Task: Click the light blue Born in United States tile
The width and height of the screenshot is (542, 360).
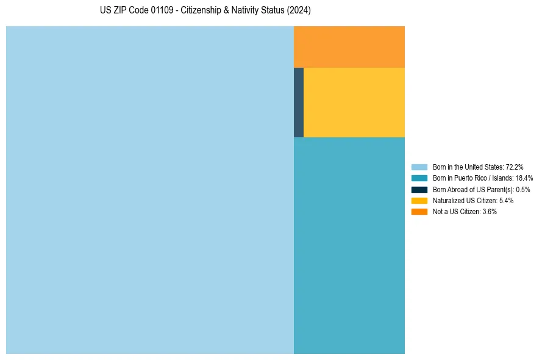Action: pyautogui.click(x=150, y=190)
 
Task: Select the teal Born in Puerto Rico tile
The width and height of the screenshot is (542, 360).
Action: pyautogui.click(x=349, y=245)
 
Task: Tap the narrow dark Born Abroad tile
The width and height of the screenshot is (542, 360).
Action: pyautogui.click(x=299, y=103)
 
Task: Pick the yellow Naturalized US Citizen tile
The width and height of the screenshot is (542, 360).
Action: pyautogui.click(x=354, y=103)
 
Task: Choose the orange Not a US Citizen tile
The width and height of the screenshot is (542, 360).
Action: pyautogui.click(x=349, y=47)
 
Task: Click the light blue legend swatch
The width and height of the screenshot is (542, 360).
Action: pyautogui.click(x=419, y=167)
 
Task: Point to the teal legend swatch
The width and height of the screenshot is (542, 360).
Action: pyautogui.click(x=419, y=178)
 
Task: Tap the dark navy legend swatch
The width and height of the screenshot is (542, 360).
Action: pyautogui.click(x=419, y=189)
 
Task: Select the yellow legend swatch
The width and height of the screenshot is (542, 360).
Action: pyautogui.click(x=419, y=201)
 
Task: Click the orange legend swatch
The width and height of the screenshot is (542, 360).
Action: pyautogui.click(x=419, y=212)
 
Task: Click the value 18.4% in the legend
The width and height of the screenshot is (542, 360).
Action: pyautogui.click(x=524, y=178)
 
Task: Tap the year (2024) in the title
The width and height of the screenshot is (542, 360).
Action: pyautogui.click(x=299, y=10)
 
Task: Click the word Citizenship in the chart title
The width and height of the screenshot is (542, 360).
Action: pyautogui.click(x=200, y=10)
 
